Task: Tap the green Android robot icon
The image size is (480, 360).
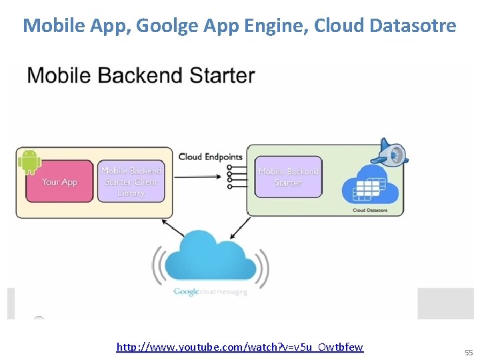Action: tap(28, 161)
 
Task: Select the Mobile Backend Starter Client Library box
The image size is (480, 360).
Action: tap(131, 181)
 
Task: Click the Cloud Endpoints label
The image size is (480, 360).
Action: tap(210, 157)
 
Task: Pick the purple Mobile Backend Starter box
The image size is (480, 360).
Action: tap(288, 177)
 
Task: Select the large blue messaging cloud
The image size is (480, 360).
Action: tap(211, 257)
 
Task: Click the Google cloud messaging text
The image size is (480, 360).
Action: tap(210, 291)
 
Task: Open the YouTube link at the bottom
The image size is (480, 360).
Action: tap(240, 347)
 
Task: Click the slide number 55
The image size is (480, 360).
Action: tap(469, 352)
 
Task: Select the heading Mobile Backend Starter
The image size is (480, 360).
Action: tap(141, 75)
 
